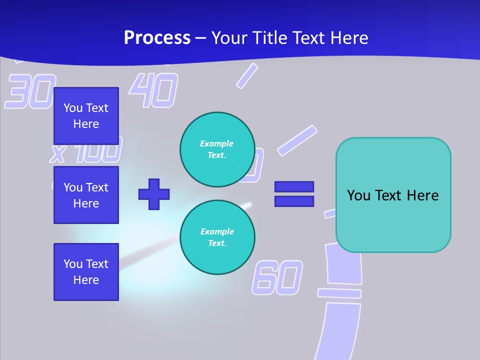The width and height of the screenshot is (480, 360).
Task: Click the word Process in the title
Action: click(157, 38)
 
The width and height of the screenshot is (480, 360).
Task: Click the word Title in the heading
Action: click(270, 38)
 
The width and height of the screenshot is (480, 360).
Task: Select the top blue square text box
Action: click(86, 116)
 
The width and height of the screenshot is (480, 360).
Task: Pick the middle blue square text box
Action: click(86, 195)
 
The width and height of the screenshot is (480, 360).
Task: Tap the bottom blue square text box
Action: click(86, 272)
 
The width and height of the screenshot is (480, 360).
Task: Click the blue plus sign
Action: click(154, 194)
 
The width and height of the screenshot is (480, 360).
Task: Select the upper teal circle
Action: click(217, 149)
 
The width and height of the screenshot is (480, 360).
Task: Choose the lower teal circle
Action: click(217, 237)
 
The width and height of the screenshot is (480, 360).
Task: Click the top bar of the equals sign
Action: click(294, 186)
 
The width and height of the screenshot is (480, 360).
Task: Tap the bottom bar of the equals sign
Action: click(294, 201)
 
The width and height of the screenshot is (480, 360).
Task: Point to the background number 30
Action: click(30, 91)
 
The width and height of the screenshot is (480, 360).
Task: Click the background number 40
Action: click(153, 90)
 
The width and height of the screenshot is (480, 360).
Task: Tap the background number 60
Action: click(277, 277)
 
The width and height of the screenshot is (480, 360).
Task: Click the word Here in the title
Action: click(348, 38)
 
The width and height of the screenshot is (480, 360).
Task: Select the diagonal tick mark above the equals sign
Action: click(297, 140)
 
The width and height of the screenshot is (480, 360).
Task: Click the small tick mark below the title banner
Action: click(246, 76)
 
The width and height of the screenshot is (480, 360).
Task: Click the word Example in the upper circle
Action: click(216, 143)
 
